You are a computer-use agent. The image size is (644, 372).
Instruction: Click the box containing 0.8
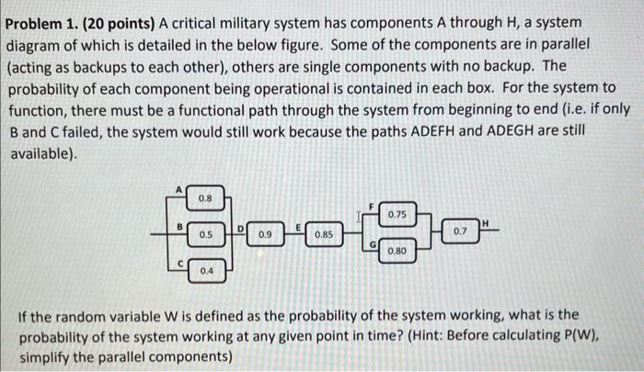coord(203,197)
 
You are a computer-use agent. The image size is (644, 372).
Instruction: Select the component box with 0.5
coord(203,235)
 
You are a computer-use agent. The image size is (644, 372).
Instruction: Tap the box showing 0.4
coord(206,271)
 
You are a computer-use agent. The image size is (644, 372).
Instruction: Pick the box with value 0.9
coord(265,235)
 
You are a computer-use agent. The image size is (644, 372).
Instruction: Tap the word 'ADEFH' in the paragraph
coord(420,132)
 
